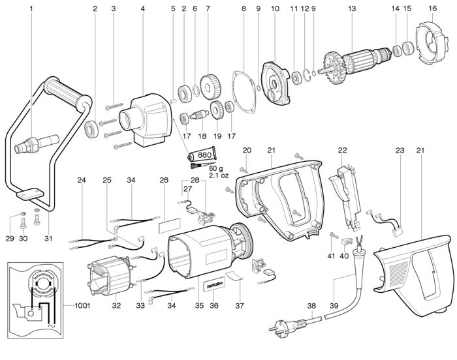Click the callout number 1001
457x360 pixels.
(82, 305)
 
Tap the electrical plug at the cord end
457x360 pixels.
(288, 325)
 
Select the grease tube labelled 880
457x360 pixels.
(202, 155)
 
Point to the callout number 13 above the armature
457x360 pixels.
(352, 8)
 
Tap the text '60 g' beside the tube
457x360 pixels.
(216, 169)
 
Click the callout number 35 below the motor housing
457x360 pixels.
(199, 305)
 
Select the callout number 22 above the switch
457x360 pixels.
(343, 150)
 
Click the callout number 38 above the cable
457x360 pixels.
(311, 305)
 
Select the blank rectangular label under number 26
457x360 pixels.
(170, 225)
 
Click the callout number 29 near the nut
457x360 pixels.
(10, 239)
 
